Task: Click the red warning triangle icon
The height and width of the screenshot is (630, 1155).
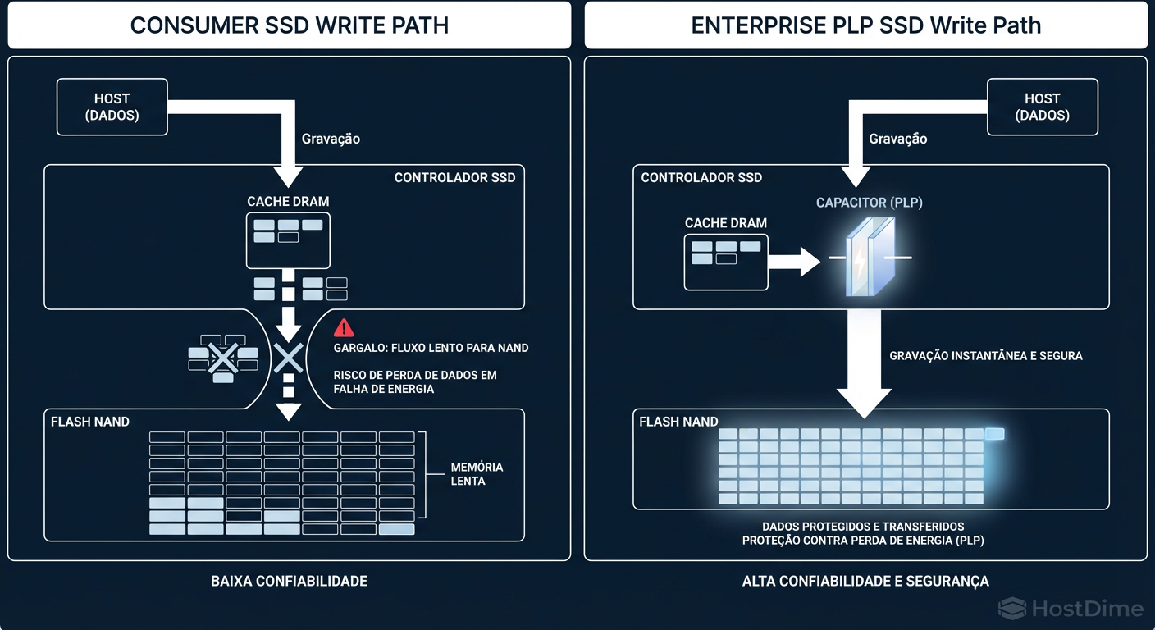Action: tap(344, 328)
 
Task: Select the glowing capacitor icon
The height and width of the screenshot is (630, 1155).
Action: tap(870, 258)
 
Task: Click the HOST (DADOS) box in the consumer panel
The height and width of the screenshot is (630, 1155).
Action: tap(112, 107)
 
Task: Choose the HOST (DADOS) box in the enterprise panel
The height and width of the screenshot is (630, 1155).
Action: tap(1042, 107)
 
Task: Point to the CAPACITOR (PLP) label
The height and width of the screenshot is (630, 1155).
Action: tap(869, 203)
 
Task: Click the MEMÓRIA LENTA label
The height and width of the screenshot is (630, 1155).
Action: tap(477, 473)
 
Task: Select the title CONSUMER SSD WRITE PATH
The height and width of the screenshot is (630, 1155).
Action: tap(289, 25)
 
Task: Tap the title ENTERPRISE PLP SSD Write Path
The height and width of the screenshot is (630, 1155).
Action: tap(865, 25)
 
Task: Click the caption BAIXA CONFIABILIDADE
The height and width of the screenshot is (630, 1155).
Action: tap(289, 581)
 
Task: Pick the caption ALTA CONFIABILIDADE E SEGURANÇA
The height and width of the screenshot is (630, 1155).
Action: tap(865, 581)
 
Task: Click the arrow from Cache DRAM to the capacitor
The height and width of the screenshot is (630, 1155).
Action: tap(793, 262)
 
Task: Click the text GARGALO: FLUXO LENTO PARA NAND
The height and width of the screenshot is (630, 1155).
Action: tap(431, 348)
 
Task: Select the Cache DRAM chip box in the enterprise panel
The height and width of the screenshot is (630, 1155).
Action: tap(726, 262)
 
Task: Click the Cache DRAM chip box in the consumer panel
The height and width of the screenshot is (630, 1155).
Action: tap(288, 240)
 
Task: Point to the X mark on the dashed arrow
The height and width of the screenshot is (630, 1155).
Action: tap(288, 358)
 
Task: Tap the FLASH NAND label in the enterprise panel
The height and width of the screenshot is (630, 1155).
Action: tap(678, 422)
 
